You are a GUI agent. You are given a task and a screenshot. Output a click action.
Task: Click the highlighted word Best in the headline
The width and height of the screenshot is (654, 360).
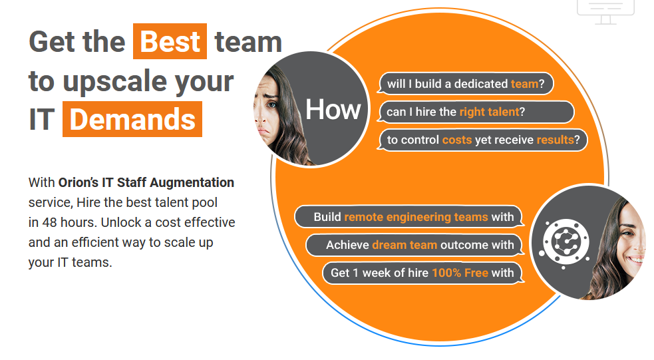click(170, 41)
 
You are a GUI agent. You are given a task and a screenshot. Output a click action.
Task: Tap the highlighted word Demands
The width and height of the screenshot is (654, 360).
click(132, 119)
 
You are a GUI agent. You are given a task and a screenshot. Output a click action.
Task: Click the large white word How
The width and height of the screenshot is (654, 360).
click(333, 110)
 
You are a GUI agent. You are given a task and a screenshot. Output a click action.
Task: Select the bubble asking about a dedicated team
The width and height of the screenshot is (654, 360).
click(466, 83)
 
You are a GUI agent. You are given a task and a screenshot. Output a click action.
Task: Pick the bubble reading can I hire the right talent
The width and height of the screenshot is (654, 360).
click(476, 112)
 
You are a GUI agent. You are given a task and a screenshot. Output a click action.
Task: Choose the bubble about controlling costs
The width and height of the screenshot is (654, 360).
click(482, 140)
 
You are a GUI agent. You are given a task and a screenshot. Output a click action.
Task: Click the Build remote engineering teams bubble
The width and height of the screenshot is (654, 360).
click(409, 217)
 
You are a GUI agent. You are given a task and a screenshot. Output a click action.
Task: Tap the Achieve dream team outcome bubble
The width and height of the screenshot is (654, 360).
click(415, 245)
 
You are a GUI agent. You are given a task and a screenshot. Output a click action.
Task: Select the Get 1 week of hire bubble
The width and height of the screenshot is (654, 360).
click(423, 273)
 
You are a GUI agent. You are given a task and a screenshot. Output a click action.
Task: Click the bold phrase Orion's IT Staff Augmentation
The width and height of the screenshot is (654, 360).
click(146, 182)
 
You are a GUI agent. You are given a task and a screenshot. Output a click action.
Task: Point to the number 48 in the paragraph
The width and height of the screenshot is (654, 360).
click(49, 222)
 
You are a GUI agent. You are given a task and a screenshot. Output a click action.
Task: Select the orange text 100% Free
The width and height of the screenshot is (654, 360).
click(460, 273)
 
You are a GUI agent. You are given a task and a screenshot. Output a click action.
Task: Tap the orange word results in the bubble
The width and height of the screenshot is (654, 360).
click(555, 140)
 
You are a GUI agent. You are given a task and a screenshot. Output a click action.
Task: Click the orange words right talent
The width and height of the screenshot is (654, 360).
click(489, 112)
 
